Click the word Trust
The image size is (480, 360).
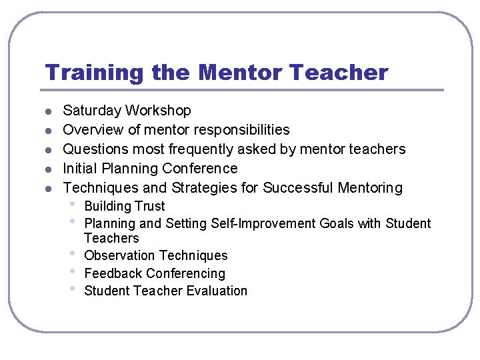click(149, 207)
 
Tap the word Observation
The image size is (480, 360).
click(120, 256)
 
